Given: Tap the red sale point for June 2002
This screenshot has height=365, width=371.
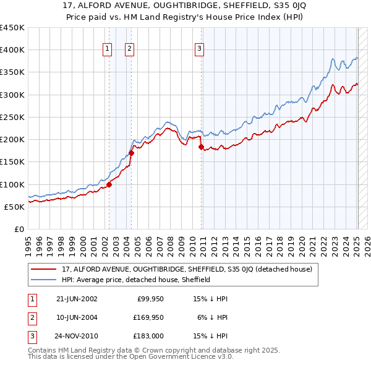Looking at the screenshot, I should point(109,184).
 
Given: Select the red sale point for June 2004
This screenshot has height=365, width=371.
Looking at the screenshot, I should point(131,153).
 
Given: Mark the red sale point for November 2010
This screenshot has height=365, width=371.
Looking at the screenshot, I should point(202,147).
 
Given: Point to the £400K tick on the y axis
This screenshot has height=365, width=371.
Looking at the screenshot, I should point(12,50).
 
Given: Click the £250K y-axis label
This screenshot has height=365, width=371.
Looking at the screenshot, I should point(12,117).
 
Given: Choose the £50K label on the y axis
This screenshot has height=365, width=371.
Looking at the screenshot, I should point(15,207).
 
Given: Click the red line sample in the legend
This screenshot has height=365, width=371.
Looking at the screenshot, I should point(44,269).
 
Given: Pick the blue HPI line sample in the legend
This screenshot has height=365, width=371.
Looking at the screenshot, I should point(44,280).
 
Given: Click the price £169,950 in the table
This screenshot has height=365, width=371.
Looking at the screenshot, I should point(147,318).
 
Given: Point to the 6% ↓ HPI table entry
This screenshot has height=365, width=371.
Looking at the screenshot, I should point(212,318).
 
